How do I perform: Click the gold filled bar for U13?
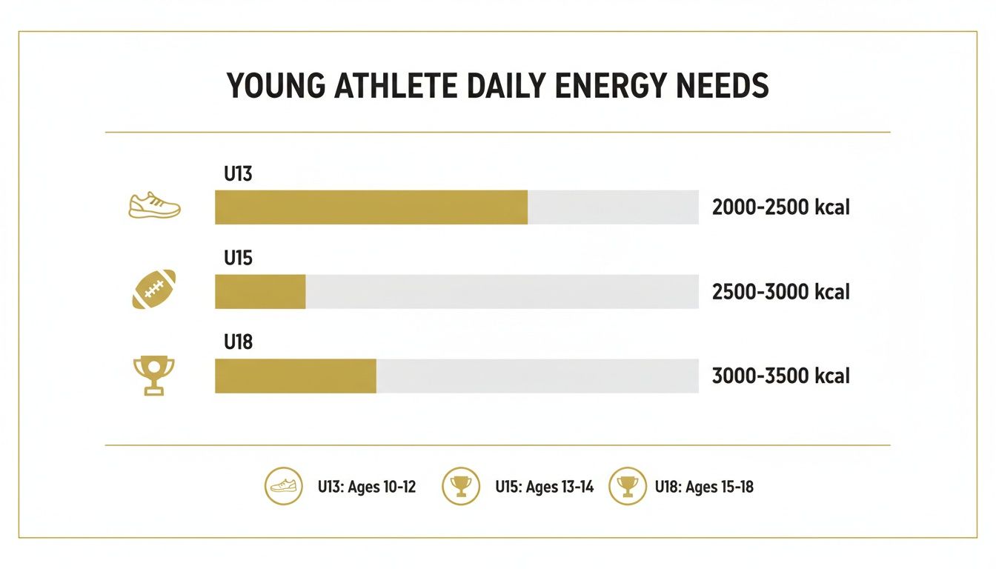click(x=371, y=207)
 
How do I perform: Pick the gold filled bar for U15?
click(x=260, y=292)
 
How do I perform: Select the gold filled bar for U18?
click(x=296, y=376)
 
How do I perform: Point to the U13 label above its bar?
click(x=238, y=175)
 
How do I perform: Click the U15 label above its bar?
click(x=238, y=259)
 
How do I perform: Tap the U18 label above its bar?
click(x=238, y=343)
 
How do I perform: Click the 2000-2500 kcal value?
click(x=780, y=207)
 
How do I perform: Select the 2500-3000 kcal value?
click(x=780, y=292)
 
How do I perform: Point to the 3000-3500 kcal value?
click(x=780, y=376)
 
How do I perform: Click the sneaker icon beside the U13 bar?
click(x=154, y=205)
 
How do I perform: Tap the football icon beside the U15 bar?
click(x=154, y=290)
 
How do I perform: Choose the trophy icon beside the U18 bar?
click(x=154, y=375)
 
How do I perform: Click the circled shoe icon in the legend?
click(x=284, y=487)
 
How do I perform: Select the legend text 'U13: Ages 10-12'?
click(x=367, y=488)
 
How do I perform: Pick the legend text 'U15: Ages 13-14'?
click(x=544, y=488)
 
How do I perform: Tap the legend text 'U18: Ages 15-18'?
click(x=704, y=488)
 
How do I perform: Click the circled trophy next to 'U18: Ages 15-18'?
click(x=627, y=487)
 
